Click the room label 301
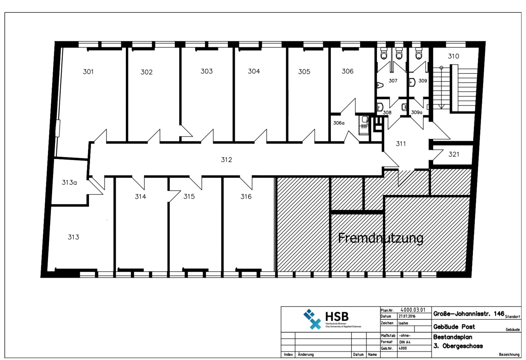click(x=88, y=72)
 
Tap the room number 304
click(x=254, y=71)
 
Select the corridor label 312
click(x=226, y=160)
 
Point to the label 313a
click(x=69, y=182)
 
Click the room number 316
click(x=246, y=196)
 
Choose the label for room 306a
click(x=338, y=123)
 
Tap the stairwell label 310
click(x=453, y=56)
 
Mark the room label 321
click(x=454, y=154)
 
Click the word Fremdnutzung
click(x=381, y=238)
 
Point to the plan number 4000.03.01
click(x=413, y=310)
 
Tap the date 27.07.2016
click(x=407, y=316)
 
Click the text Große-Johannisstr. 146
click(x=468, y=314)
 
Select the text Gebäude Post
click(x=454, y=327)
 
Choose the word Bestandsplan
click(x=452, y=337)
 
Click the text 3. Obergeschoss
click(x=458, y=346)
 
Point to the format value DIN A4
click(x=405, y=342)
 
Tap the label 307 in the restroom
click(x=393, y=81)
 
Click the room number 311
click(x=401, y=144)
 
